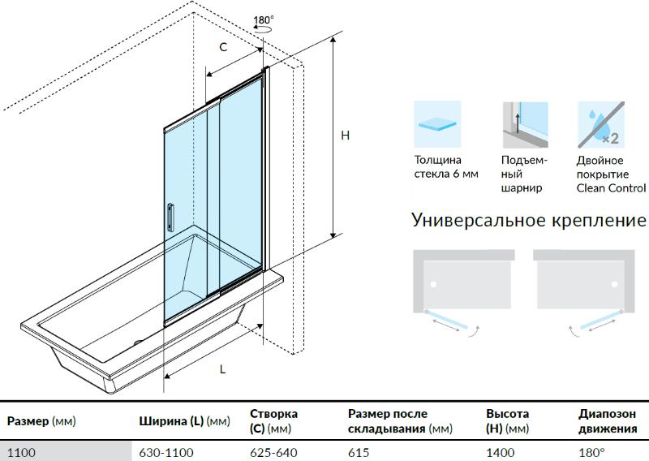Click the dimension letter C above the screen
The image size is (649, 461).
click(224, 47)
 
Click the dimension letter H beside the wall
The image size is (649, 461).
click(345, 136)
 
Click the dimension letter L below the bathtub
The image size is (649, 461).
click(222, 369)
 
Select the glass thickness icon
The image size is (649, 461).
click(437, 123)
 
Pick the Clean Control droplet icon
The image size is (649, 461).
click(600, 123)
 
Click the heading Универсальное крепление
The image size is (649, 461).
click(529, 220)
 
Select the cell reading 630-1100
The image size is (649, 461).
click(166, 451)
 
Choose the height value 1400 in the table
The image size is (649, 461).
click(499, 451)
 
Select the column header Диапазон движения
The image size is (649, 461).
click(607, 421)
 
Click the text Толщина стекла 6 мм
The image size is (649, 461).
click(446, 167)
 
